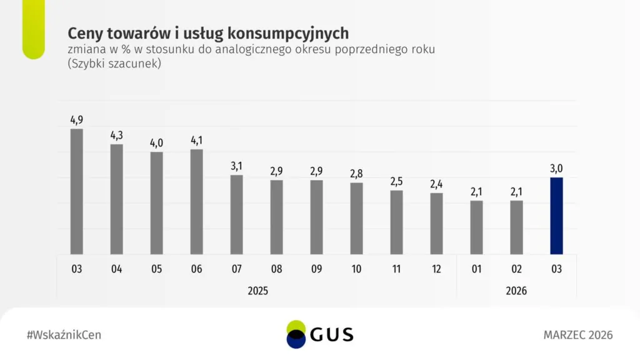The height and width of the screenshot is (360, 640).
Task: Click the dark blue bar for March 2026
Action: point(556,216)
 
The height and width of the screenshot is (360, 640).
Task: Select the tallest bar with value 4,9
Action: point(76,191)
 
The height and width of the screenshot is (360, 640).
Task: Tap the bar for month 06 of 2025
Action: point(196,201)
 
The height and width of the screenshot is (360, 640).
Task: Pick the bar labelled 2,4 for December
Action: point(436,223)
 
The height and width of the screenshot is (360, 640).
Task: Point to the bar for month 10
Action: point(356,218)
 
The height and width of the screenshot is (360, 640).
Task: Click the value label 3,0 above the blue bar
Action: point(556,168)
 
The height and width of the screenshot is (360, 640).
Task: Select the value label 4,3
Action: point(116,135)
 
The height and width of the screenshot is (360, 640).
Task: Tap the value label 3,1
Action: point(236,166)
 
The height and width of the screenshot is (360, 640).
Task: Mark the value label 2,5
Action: point(396,181)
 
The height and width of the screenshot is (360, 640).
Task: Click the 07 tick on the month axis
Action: point(236,269)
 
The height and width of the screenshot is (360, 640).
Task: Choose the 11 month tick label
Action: point(396,269)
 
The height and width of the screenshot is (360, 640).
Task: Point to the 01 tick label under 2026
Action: point(476,269)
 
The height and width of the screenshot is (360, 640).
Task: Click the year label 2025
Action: point(257,291)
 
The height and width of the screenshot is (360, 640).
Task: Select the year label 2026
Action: point(516,291)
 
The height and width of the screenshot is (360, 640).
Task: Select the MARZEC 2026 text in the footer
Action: point(578,335)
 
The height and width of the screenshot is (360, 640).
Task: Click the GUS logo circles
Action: point(296,334)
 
